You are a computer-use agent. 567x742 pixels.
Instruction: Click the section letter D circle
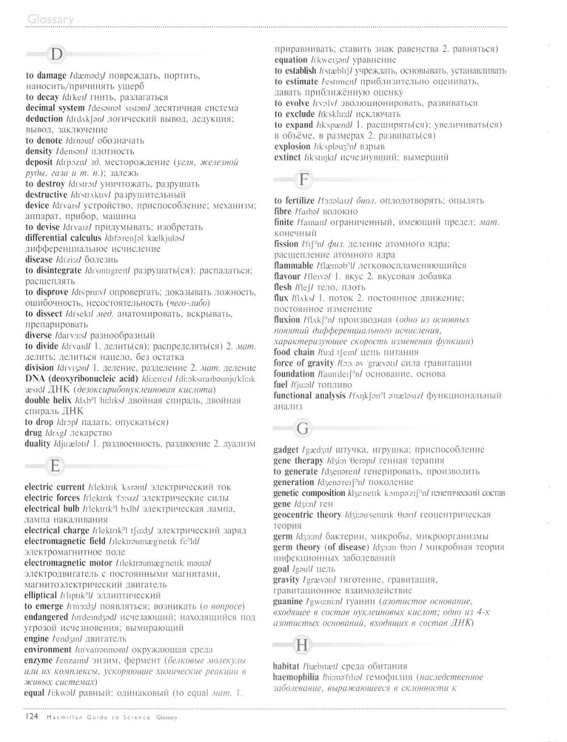tap(56, 54)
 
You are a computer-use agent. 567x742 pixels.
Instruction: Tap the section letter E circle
tap(55, 466)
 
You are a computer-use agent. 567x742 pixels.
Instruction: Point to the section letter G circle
tap(303, 429)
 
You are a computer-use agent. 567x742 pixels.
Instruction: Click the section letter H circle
tap(303, 645)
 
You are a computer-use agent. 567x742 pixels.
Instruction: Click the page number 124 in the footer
tap(31, 717)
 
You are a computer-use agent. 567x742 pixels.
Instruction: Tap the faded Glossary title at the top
tap(50, 20)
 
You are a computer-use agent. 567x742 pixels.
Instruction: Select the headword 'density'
tap(39, 151)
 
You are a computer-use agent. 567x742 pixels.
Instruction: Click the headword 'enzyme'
tap(39, 661)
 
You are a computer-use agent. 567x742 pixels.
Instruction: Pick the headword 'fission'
tap(286, 244)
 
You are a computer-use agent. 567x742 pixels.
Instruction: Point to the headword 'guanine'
tap(288, 602)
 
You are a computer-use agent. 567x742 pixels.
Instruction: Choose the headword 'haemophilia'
tap(296, 677)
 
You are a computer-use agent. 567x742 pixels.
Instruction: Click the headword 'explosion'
tap(292, 146)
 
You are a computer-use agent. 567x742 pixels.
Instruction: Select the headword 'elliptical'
tap(41, 596)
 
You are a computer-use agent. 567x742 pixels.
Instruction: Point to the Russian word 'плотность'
tap(113, 151)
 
